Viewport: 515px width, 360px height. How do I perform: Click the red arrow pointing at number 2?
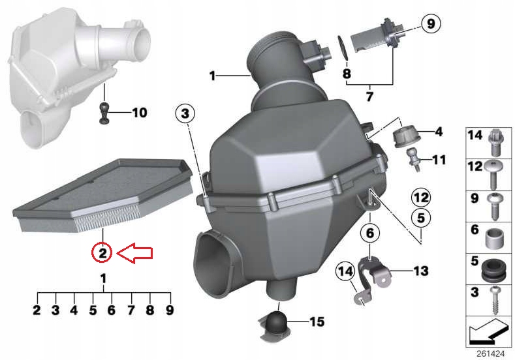click(x=134, y=253)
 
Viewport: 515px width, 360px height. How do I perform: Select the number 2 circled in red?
click(x=102, y=251)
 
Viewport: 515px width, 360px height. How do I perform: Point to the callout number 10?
click(x=140, y=113)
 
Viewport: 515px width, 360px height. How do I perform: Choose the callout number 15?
click(x=316, y=321)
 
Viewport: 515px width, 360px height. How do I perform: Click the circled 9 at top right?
click(x=429, y=24)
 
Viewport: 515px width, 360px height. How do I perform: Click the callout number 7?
click(x=369, y=97)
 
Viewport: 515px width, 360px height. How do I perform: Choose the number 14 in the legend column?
click(x=475, y=136)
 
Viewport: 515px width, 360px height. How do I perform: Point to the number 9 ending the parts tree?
click(x=169, y=310)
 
